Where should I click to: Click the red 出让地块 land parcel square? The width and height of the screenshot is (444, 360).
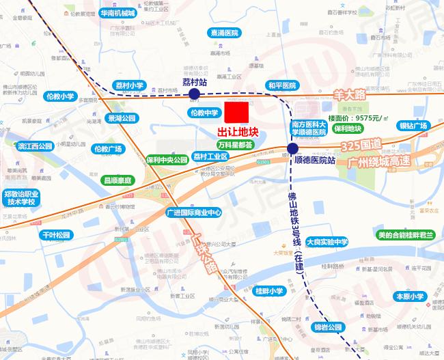[x=238, y=113]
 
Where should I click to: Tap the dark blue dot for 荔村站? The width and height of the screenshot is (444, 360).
[x=194, y=94]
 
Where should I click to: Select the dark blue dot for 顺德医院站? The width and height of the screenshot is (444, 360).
[x=292, y=149]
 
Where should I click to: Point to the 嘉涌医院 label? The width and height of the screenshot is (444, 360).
[x=225, y=32]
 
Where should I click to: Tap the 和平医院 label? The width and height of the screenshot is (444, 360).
[x=282, y=85]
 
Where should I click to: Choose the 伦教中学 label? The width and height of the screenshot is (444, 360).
[x=204, y=113]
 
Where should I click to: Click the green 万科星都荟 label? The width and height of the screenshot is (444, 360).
[x=235, y=145]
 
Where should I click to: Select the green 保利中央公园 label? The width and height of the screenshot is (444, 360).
[x=167, y=160]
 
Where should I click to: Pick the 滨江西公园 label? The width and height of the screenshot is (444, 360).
[x=36, y=146]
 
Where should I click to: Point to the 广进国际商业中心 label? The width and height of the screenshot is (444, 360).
[x=195, y=212]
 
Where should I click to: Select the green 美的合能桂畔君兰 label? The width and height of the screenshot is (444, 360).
[x=406, y=235]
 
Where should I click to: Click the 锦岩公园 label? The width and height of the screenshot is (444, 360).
[x=327, y=327]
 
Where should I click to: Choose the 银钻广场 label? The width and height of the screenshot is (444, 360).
[x=413, y=126]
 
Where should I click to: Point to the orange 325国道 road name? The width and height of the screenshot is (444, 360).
[x=363, y=147]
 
